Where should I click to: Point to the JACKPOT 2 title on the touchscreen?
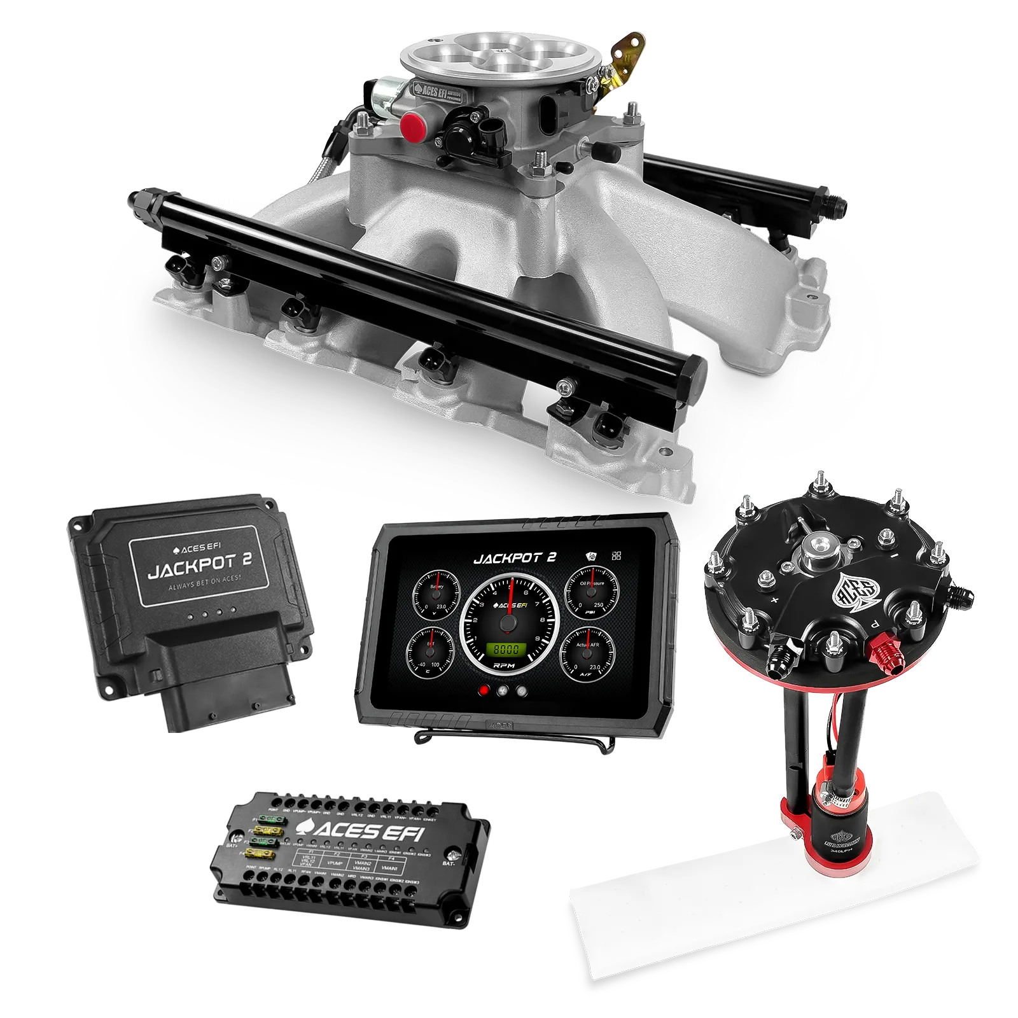click(x=515, y=558)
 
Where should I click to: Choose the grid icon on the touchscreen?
click(x=616, y=556)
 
